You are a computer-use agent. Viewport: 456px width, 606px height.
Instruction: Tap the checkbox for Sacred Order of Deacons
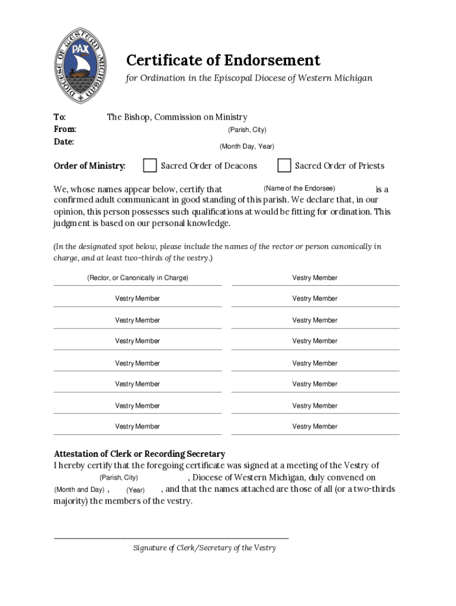[150, 165]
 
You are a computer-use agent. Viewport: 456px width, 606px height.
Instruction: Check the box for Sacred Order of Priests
[284, 165]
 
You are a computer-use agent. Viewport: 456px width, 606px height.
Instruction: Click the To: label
[60, 117]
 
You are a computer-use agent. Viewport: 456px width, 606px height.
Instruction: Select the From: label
[65, 129]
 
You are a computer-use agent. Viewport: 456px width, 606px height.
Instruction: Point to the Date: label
[64, 141]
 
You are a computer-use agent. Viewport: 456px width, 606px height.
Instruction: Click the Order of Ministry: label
[89, 166]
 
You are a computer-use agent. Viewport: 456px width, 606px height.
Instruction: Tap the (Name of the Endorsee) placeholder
[299, 188]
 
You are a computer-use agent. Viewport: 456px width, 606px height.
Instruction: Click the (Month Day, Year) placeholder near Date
[246, 146]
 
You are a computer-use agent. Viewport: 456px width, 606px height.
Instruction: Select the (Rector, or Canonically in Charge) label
[137, 278]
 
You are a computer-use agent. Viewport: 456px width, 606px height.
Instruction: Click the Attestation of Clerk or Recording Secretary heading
[139, 454]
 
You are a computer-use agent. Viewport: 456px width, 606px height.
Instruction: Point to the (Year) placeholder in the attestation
[135, 490]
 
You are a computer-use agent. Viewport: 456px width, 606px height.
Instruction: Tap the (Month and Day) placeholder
[79, 489]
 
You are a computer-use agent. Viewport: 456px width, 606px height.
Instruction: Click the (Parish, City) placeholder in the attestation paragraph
[118, 478]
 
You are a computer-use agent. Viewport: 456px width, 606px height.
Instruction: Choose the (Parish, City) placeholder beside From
[247, 130]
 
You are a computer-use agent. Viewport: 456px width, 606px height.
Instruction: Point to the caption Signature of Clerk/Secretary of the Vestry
[204, 548]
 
